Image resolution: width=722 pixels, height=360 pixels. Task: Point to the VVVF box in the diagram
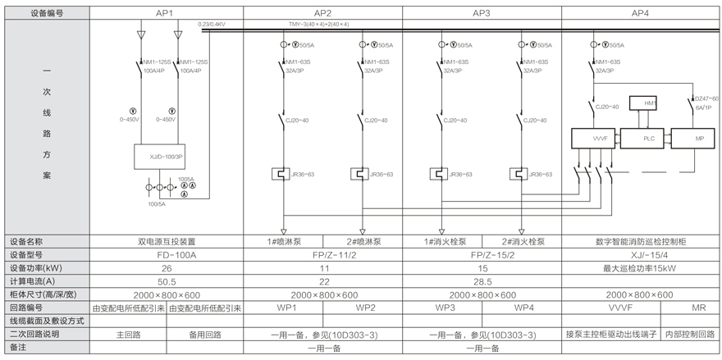click(x=592, y=139)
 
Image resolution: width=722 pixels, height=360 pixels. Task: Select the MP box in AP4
click(x=699, y=139)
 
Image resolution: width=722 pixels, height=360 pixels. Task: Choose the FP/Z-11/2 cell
click(x=323, y=254)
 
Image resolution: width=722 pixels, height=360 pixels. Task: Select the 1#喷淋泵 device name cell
click(x=284, y=242)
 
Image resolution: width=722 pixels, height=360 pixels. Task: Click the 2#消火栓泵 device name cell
click(x=523, y=242)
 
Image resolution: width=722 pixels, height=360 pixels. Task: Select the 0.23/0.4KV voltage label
click(x=212, y=25)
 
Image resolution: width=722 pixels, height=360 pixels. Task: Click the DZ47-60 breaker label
click(x=706, y=98)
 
